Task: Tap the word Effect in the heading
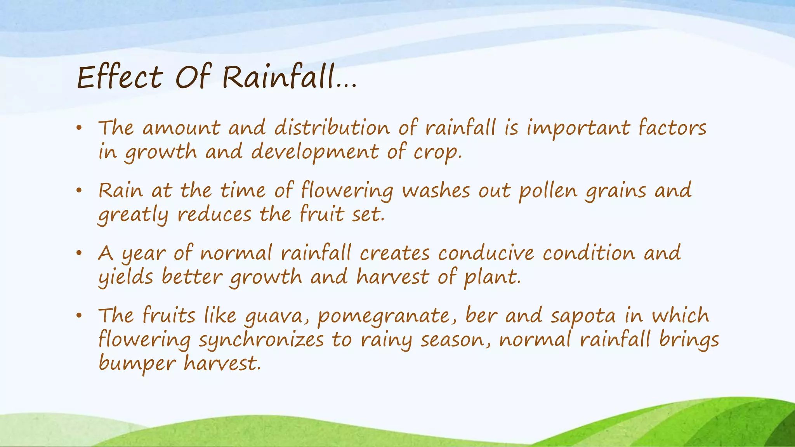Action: [x=120, y=77]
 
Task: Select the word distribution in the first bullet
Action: [x=332, y=128]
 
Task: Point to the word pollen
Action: [x=548, y=191]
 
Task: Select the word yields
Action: [x=126, y=277]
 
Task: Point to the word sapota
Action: [x=583, y=316]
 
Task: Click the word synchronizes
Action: [x=261, y=340]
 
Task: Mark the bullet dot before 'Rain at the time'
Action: [x=79, y=191]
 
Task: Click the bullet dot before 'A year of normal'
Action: [x=79, y=253]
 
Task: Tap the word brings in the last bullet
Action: [x=689, y=340]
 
